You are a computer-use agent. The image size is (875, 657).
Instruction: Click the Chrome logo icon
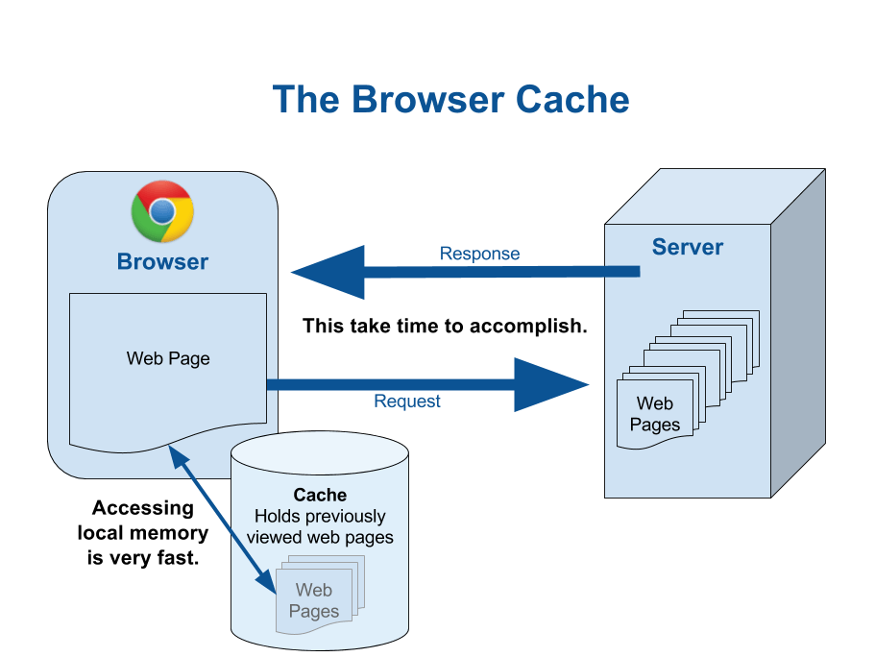pyautogui.click(x=162, y=211)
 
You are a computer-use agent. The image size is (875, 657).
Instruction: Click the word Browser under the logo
pyautogui.click(x=162, y=261)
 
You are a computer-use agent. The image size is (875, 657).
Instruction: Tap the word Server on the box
pyautogui.click(x=688, y=247)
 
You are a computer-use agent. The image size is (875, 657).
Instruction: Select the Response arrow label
pyautogui.click(x=479, y=255)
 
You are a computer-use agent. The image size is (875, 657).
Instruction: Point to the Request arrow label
pyautogui.click(x=407, y=401)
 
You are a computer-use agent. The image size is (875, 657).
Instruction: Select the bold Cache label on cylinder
pyautogui.click(x=320, y=495)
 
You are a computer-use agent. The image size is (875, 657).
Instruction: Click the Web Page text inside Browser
pyautogui.click(x=168, y=358)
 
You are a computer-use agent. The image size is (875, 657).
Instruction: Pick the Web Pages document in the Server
pyautogui.click(x=655, y=414)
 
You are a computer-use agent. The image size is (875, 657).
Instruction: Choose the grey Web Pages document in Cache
pyautogui.click(x=314, y=599)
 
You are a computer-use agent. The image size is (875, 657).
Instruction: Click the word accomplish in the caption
pyautogui.click(x=534, y=327)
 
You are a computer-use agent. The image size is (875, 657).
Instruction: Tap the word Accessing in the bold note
pyautogui.click(x=142, y=509)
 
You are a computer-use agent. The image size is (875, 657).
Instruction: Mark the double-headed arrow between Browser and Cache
pyautogui.click(x=219, y=519)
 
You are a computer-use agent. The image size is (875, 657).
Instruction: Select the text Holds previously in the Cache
pyautogui.click(x=320, y=516)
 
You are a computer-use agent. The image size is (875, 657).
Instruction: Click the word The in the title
pyautogui.click(x=304, y=100)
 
